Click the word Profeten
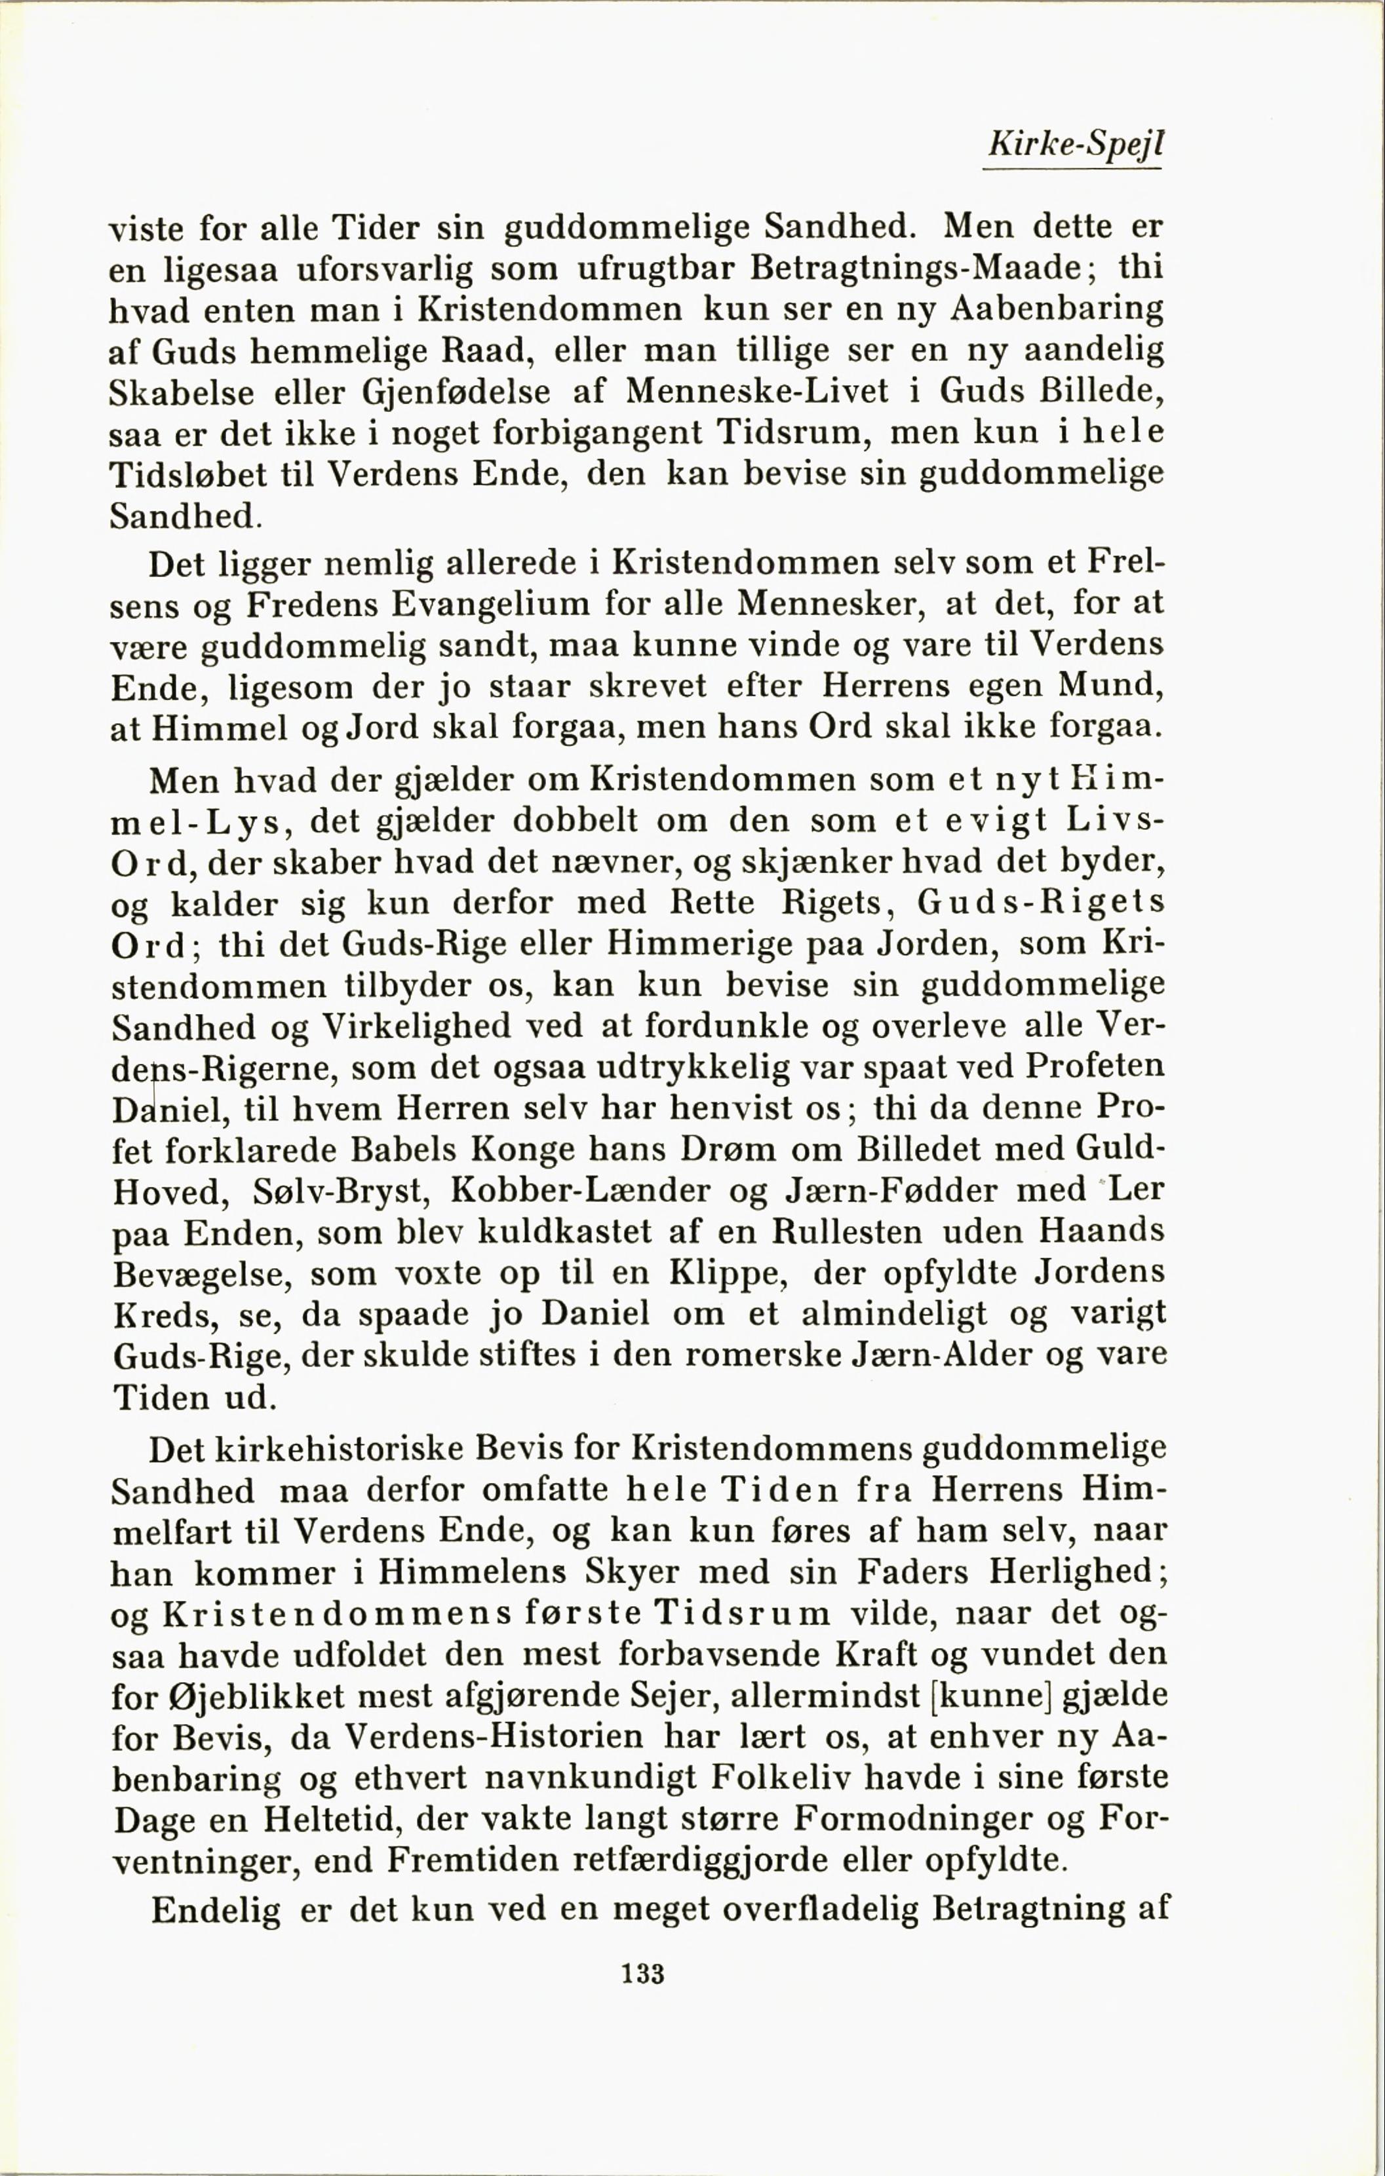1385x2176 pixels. click(x=1095, y=1066)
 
